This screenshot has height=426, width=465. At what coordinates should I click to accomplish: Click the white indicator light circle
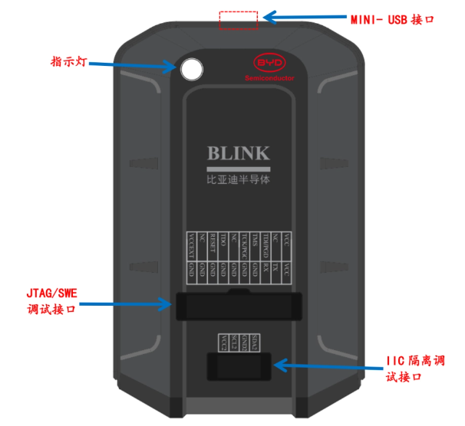192,70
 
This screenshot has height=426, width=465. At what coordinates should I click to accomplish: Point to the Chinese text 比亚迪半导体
239,182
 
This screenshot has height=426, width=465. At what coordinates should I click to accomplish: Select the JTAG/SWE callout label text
51,296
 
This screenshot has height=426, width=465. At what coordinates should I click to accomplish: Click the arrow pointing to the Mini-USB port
295,17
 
